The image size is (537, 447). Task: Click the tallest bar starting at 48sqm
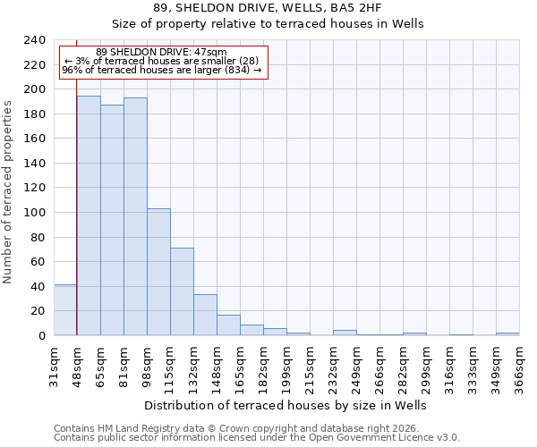click(89, 215)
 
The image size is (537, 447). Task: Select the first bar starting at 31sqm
click(65, 310)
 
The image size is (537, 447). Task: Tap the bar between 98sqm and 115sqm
click(158, 272)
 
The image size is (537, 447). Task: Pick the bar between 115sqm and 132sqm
click(182, 291)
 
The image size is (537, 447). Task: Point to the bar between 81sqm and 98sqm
click(135, 216)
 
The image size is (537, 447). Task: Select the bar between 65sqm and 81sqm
click(112, 220)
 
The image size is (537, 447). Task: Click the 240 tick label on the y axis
click(35, 40)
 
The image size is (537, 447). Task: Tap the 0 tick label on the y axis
click(42, 336)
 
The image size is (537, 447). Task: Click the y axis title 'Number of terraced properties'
click(9, 191)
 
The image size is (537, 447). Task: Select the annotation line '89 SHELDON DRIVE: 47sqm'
click(161, 52)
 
